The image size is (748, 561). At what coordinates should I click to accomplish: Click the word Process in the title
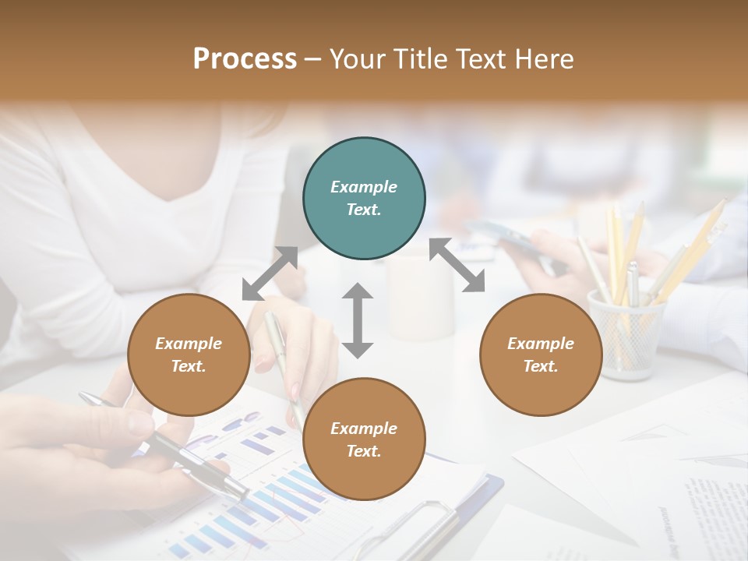point(245,59)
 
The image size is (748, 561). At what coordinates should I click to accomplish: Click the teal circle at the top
point(364,198)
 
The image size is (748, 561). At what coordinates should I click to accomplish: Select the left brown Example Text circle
point(189,355)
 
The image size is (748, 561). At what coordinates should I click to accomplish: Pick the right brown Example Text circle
point(541,355)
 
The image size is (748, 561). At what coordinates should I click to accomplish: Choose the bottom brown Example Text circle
point(364,439)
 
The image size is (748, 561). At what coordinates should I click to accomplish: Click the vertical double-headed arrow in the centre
point(358,320)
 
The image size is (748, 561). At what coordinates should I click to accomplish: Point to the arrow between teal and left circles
point(270,273)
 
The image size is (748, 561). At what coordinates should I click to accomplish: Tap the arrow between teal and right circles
point(457,265)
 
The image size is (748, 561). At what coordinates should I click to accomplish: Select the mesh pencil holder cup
point(625,335)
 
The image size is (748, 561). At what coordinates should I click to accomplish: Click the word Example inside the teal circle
point(364,187)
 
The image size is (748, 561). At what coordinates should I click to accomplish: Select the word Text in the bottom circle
point(364,451)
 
